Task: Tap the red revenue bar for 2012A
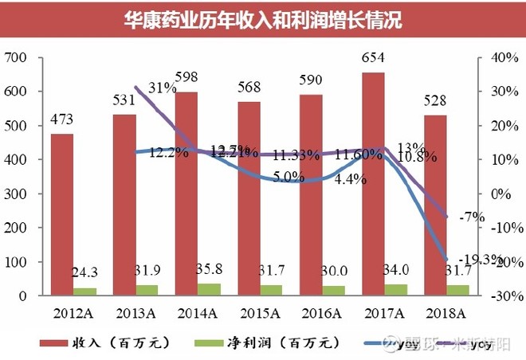[x=62, y=215]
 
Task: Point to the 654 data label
[x=373, y=58]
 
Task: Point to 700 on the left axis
[x=15, y=58]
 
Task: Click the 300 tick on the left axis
[x=15, y=194]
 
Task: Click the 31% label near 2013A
[x=162, y=88]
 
